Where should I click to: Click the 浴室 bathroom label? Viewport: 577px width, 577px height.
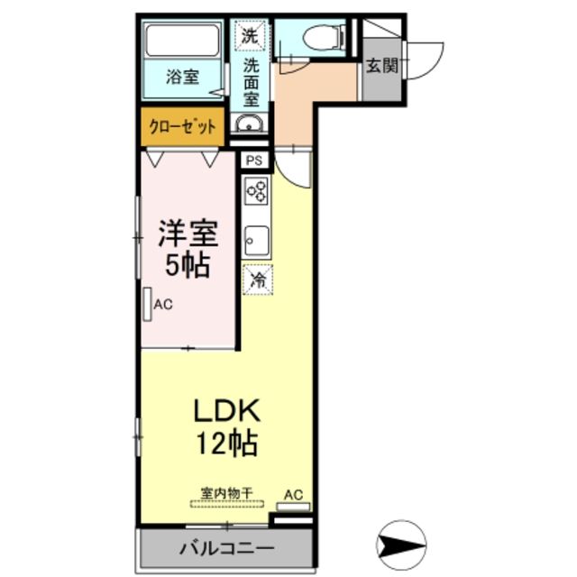182,78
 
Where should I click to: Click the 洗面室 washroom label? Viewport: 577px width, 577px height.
251,82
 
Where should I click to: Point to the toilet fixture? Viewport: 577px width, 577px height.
316,37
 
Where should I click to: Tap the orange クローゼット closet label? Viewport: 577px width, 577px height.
183,126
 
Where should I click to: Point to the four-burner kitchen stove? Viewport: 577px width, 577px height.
255,192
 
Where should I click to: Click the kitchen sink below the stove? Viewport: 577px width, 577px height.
255,240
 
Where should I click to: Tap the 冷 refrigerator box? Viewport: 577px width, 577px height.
257,279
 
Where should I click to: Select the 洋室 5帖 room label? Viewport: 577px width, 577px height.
187,248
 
